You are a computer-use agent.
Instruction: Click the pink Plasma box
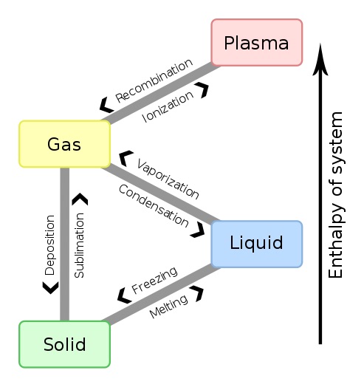(257, 42)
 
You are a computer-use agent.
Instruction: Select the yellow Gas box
(65, 144)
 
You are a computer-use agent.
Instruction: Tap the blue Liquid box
(257, 244)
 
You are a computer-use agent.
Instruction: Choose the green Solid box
(65, 344)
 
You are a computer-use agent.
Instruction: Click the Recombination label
(154, 81)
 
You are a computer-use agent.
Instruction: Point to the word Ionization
(168, 106)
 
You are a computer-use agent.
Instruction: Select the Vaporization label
(168, 179)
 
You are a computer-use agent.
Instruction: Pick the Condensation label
(154, 205)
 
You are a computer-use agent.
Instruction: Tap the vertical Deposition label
(49, 245)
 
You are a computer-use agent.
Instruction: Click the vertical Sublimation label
(80, 245)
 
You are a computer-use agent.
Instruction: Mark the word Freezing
(154, 280)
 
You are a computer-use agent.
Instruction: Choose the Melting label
(168, 306)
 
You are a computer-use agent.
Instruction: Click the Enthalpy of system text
(335, 195)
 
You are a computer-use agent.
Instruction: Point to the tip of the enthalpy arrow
(320, 44)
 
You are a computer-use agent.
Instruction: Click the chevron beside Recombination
(106, 105)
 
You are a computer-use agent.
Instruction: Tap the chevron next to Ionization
(202, 90)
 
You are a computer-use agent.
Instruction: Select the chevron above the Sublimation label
(80, 199)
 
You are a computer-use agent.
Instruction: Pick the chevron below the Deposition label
(51, 288)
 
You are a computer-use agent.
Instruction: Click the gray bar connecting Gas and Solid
(65, 244)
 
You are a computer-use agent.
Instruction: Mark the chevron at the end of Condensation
(198, 230)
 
